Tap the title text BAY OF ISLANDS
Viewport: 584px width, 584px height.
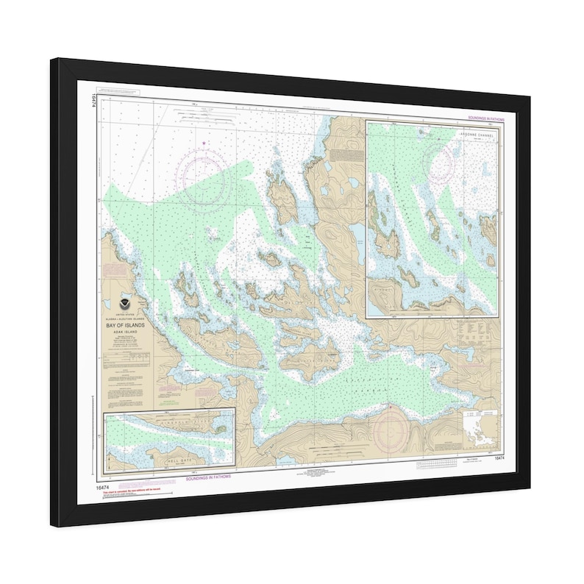[x=127, y=324]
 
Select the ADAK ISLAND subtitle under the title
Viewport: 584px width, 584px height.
[x=127, y=331]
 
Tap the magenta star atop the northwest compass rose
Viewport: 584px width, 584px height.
[x=204, y=143]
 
